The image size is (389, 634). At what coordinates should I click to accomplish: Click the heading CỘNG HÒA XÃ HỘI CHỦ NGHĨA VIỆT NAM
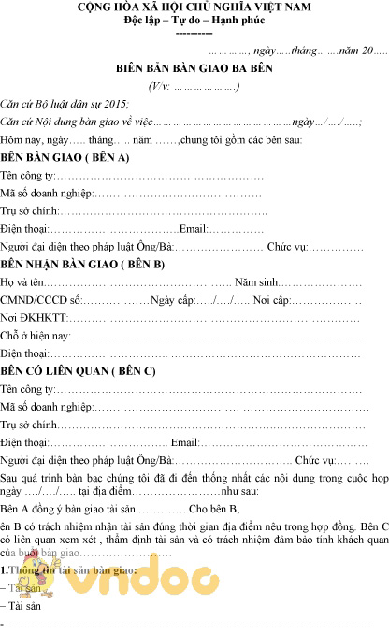click(x=194, y=7)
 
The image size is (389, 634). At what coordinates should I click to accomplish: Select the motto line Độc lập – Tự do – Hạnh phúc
click(x=194, y=20)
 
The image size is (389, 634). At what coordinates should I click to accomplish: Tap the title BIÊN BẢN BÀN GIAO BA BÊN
click(x=194, y=69)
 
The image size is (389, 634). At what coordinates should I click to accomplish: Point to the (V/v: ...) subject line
click(x=194, y=87)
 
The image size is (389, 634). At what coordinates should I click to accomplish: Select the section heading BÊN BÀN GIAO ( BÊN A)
click(x=65, y=157)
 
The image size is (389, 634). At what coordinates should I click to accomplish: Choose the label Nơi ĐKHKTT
click(x=27, y=318)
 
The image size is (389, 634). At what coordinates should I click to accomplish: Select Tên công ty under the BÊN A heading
click(x=28, y=176)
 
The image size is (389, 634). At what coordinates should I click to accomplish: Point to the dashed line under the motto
click(x=194, y=32)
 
